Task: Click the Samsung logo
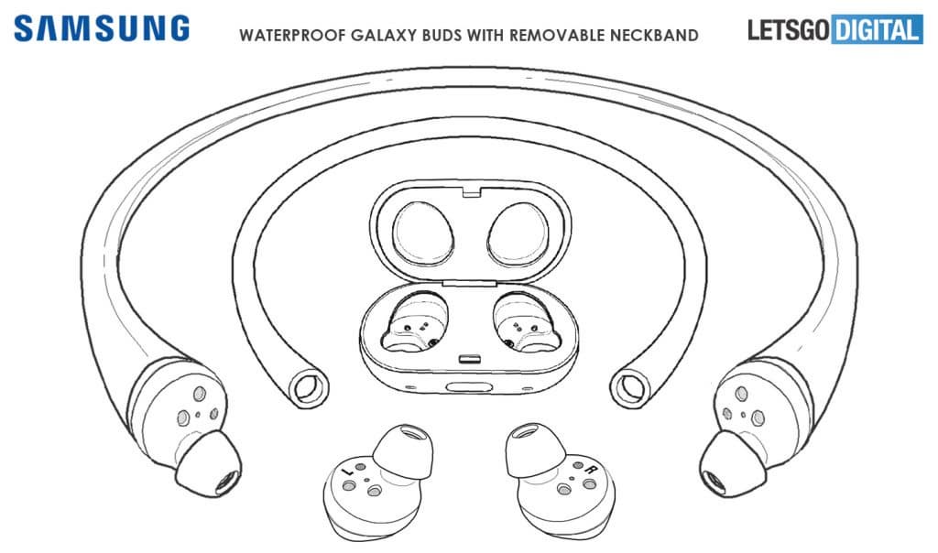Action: pyautogui.click(x=102, y=28)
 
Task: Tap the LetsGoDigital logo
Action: pyautogui.click(x=835, y=30)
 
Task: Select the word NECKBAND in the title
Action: pyautogui.click(x=654, y=36)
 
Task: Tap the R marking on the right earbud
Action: pyautogui.click(x=590, y=470)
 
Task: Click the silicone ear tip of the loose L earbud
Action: pyautogui.click(x=403, y=451)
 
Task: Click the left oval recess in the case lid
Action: pyautogui.click(x=423, y=233)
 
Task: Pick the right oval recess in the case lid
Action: pyautogui.click(x=518, y=233)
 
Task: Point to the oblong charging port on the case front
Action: pyautogui.click(x=470, y=386)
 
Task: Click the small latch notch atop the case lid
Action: pyautogui.click(x=471, y=192)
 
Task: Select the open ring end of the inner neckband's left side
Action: pyautogui.click(x=309, y=387)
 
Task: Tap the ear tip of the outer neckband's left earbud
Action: pyautogui.click(x=209, y=464)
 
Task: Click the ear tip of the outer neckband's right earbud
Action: pyautogui.click(x=732, y=464)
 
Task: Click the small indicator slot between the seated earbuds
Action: pyautogui.click(x=471, y=361)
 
